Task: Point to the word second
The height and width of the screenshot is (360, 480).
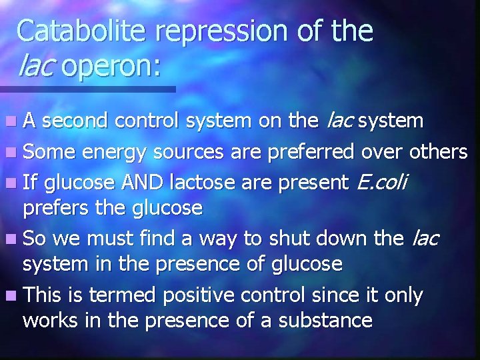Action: (x=81, y=121)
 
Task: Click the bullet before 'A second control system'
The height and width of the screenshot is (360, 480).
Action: (x=13, y=122)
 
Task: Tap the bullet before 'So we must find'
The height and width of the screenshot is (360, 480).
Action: (x=13, y=238)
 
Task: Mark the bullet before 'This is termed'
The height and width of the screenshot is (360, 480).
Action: (x=13, y=294)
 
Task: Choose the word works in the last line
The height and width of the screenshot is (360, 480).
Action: (x=51, y=320)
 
